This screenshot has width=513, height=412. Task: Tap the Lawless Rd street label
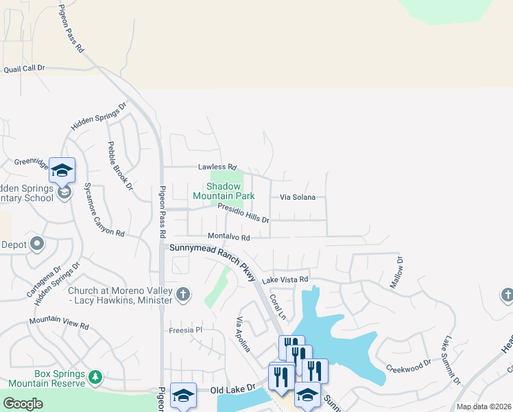coord(217,167)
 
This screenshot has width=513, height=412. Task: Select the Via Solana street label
coord(298,197)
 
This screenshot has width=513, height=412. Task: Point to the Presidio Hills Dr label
coord(243,213)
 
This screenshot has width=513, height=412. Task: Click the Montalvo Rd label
coord(228,237)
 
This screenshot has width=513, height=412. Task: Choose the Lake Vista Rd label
coord(285,279)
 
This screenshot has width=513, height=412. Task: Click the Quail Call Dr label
coord(24,69)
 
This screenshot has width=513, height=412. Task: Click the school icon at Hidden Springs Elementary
coord(62,171)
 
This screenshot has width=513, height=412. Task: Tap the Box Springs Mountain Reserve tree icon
coord(95,377)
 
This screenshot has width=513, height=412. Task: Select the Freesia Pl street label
coord(186,330)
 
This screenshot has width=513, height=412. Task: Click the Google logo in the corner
coord(23,404)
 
